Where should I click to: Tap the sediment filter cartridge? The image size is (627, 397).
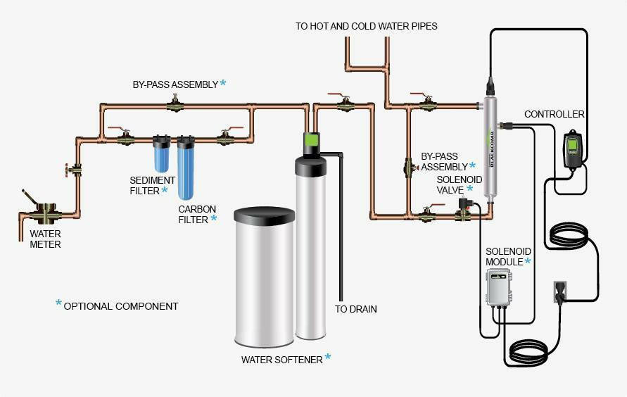(161, 155)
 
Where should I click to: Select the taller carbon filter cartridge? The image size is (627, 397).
(186, 170)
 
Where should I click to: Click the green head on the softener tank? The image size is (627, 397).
(311, 143)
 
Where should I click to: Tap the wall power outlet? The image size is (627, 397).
(560, 291)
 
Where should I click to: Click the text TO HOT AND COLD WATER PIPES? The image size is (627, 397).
(366, 26)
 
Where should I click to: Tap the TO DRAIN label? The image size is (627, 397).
(355, 309)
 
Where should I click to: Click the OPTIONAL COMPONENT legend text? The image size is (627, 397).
(120, 306)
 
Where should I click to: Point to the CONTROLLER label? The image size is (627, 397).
(555, 114)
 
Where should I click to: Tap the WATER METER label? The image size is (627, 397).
(45, 239)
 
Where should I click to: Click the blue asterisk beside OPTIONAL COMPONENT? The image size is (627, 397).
(58, 304)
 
